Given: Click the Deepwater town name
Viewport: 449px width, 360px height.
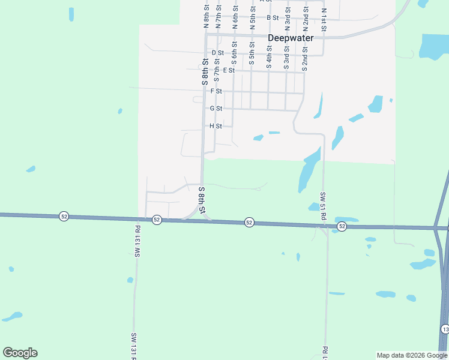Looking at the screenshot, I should click(x=291, y=38).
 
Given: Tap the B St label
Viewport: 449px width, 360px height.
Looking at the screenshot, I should click(x=273, y=18).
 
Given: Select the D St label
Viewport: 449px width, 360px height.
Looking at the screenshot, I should click(x=217, y=53).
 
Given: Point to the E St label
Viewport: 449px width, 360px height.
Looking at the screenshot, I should click(x=228, y=70).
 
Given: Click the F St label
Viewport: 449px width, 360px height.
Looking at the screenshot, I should click(x=216, y=91).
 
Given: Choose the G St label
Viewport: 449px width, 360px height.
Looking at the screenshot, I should click(x=216, y=109).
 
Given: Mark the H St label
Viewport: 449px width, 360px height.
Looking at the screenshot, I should click(x=216, y=126).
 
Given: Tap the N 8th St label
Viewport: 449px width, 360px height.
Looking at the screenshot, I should click(x=205, y=16).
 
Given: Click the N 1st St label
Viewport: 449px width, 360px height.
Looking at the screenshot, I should click(x=324, y=20).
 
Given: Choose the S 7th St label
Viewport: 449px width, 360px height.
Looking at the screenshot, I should click(x=217, y=70).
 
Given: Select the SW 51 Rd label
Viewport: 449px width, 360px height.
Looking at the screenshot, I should click(x=323, y=205).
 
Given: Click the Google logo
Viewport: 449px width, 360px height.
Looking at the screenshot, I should click(x=20, y=353).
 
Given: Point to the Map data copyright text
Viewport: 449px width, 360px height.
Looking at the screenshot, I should click(x=412, y=355).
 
